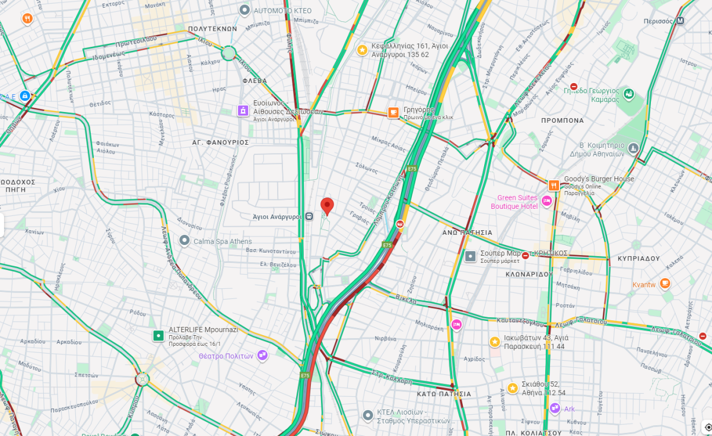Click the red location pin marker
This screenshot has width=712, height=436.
327,206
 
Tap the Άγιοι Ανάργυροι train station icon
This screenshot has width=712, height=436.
309,217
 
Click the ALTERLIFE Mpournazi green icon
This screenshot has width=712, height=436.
158,336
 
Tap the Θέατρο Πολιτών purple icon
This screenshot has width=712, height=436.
262,355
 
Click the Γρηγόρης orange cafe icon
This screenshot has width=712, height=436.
393,113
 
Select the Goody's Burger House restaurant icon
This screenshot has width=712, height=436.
554,185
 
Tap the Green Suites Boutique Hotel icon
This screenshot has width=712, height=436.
547,202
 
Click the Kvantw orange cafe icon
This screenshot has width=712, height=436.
665,284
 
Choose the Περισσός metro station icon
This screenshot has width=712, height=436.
681,20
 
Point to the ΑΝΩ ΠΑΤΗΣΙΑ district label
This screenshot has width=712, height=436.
467,233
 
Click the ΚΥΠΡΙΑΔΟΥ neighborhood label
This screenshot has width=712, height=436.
638,259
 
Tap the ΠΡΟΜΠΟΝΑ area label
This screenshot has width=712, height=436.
562,120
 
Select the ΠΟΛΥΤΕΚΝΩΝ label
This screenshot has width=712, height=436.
212,28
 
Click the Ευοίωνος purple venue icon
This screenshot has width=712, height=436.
243,110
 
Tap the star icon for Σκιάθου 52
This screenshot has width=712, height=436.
513,388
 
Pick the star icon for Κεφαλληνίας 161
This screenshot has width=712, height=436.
361,50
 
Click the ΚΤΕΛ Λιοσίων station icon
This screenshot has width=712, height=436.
368,415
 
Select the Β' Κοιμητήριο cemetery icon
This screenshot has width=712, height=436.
634,148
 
